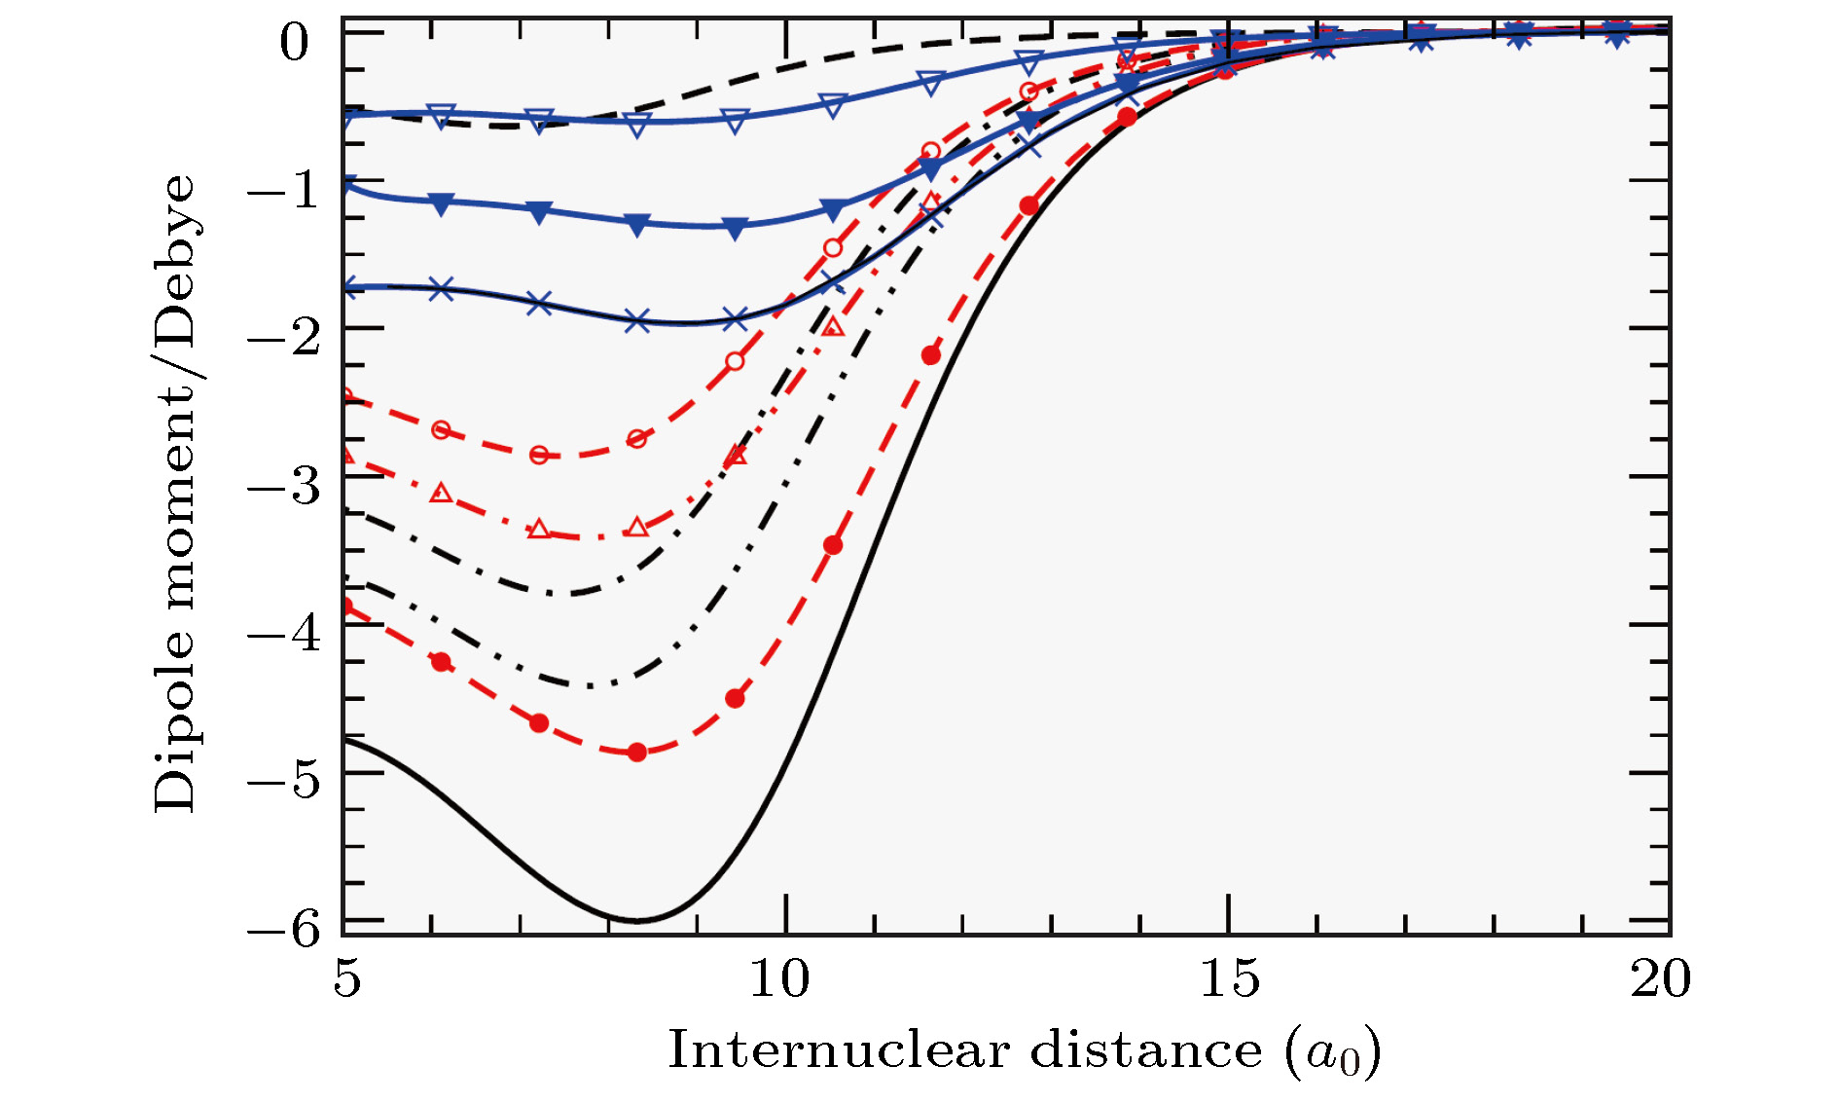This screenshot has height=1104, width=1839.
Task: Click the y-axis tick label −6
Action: pyautogui.click(x=284, y=928)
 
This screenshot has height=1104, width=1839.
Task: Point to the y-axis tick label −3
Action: pyautogui.click(x=284, y=484)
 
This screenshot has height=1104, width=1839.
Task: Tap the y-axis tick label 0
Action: pyautogui.click(x=294, y=43)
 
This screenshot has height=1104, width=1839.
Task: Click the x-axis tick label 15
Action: pyautogui.click(x=1229, y=978)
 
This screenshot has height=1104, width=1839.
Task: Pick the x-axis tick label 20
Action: pyautogui.click(x=1661, y=978)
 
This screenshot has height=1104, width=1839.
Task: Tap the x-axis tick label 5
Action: pyautogui.click(x=346, y=978)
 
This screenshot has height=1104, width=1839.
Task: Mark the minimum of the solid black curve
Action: pyautogui.click(x=637, y=920)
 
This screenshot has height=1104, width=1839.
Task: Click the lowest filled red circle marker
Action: pyautogui.click(x=637, y=752)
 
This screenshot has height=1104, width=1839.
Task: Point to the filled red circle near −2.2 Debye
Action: pyautogui.click(x=931, y=355)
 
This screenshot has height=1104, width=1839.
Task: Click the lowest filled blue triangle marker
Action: pyautogui.click(x=736, y=230)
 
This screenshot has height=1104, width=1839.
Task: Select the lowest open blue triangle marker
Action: pyautogui.click(x=637, y=126)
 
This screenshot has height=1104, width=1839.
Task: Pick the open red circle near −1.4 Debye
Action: pyautogui.click(x=833, y=247)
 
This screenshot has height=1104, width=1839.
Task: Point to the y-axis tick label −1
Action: pyautogui.click(x=284, y=189)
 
